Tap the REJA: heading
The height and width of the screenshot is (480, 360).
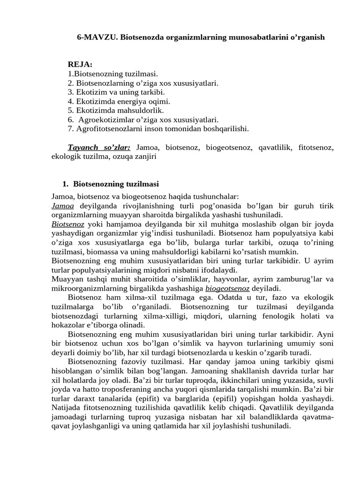[80, 64]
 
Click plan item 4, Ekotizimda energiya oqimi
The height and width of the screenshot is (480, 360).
[119, 101]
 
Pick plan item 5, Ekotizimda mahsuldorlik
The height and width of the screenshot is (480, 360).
[116, 110]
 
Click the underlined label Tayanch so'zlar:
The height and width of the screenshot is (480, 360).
[99, 147]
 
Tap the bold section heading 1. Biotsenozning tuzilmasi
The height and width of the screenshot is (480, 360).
[111, 184]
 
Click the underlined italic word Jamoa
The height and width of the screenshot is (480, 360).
[62, 206]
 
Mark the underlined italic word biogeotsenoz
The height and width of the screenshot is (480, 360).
[227, 288]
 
